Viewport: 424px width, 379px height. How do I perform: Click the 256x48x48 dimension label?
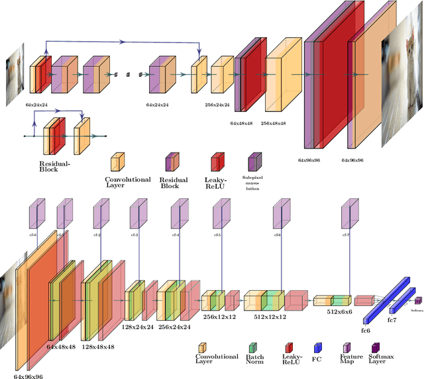pyautogui.click(x=273, y=123)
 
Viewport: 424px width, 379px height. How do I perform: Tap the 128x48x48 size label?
pyautogui.click(x=99, y=347)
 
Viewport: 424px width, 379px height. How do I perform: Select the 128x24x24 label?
pyautogui.click(x=138, y=327)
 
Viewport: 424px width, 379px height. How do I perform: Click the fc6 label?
pyautogui.click(x=366, y=329)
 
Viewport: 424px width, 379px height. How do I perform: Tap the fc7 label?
pyautogui.click(x=392, y=320)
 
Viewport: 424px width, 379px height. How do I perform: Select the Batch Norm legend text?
pyautogui.click(x=255, y=360)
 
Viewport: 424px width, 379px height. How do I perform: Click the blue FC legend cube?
pyautogui.click(x=317, y=347)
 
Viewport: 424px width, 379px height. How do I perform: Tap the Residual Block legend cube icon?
pyautogui.click(x=172, y=161)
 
